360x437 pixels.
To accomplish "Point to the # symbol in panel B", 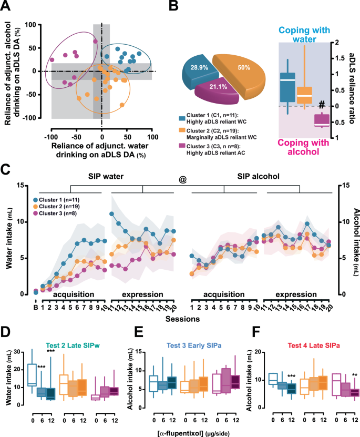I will (x=321, y=105).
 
